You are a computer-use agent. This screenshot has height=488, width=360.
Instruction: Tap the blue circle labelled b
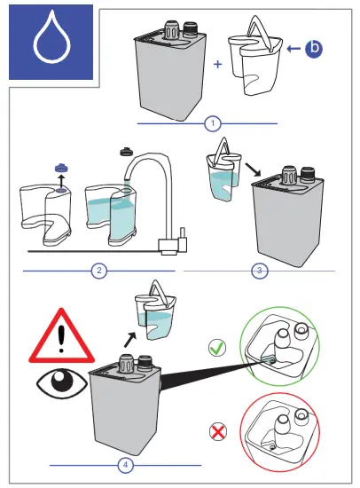click(x=314, y=49)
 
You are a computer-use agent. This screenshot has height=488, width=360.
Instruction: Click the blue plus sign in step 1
click(x=218, y=65)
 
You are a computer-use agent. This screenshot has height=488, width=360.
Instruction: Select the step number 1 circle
click(x=213, y=123)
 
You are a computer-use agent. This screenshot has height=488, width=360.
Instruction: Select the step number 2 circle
click(x=99, y=271)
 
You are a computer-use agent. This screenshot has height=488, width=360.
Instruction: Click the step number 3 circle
click(x=260, y=271)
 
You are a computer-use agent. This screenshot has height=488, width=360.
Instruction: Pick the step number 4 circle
click(x=126, y=465)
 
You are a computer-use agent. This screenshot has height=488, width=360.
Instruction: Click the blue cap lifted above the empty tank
click(x=61, y=168)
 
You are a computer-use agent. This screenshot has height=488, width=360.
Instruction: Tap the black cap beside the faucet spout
click(x=127, y=151)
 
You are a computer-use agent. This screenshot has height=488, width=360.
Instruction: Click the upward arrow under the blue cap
click(x=61, y=180)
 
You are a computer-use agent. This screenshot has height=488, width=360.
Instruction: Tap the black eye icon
click(x=62, y=383)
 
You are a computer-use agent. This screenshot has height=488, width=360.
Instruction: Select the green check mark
click(x=217, y=348)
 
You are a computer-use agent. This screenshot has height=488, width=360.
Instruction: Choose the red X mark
click(x=218, y=432)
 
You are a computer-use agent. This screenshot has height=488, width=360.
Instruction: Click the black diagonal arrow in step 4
click(x=130, y=340)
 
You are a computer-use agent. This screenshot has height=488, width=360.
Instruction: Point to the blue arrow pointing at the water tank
click(x=293, y=49)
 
